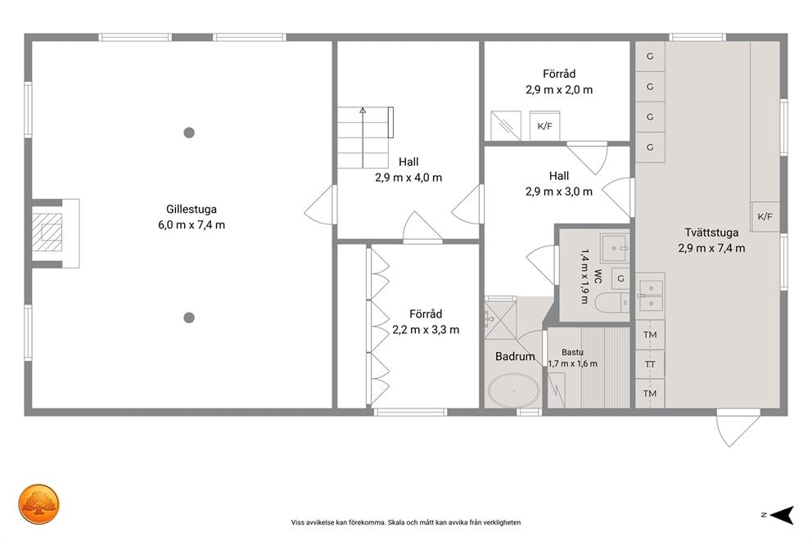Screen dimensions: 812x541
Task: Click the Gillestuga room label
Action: (x=191, y=210)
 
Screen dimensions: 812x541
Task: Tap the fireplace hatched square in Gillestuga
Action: (x=47, y=232)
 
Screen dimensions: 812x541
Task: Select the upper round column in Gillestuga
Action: (x=189, y=133)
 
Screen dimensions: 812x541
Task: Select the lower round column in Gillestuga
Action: (x=189, y=318)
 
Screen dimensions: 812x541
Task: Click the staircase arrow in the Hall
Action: (x=363, y=138)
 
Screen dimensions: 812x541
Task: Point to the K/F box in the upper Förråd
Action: (x=544, y=126)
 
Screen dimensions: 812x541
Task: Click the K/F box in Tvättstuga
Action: (x=765, y=216)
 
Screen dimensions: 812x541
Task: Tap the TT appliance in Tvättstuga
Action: (x=650, y=364)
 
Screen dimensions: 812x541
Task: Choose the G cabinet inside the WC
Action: (x=620, y=279)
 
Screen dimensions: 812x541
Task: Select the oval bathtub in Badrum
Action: (x=514, y=390)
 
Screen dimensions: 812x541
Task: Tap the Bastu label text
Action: (x=572, y=352)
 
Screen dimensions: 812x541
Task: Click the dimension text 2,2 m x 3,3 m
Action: (x=426, y=330)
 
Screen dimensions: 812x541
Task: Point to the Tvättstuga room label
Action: (x=711, y=232)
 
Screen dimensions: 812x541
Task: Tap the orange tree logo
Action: (x=38, y=504)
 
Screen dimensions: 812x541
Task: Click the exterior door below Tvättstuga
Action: (x=738, y=427)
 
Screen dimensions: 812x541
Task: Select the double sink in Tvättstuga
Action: (x=651, y=295)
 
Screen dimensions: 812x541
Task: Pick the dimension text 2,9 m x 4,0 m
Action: (x=408, y=178)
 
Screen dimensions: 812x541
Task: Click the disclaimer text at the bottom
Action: (x=406, y=522)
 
